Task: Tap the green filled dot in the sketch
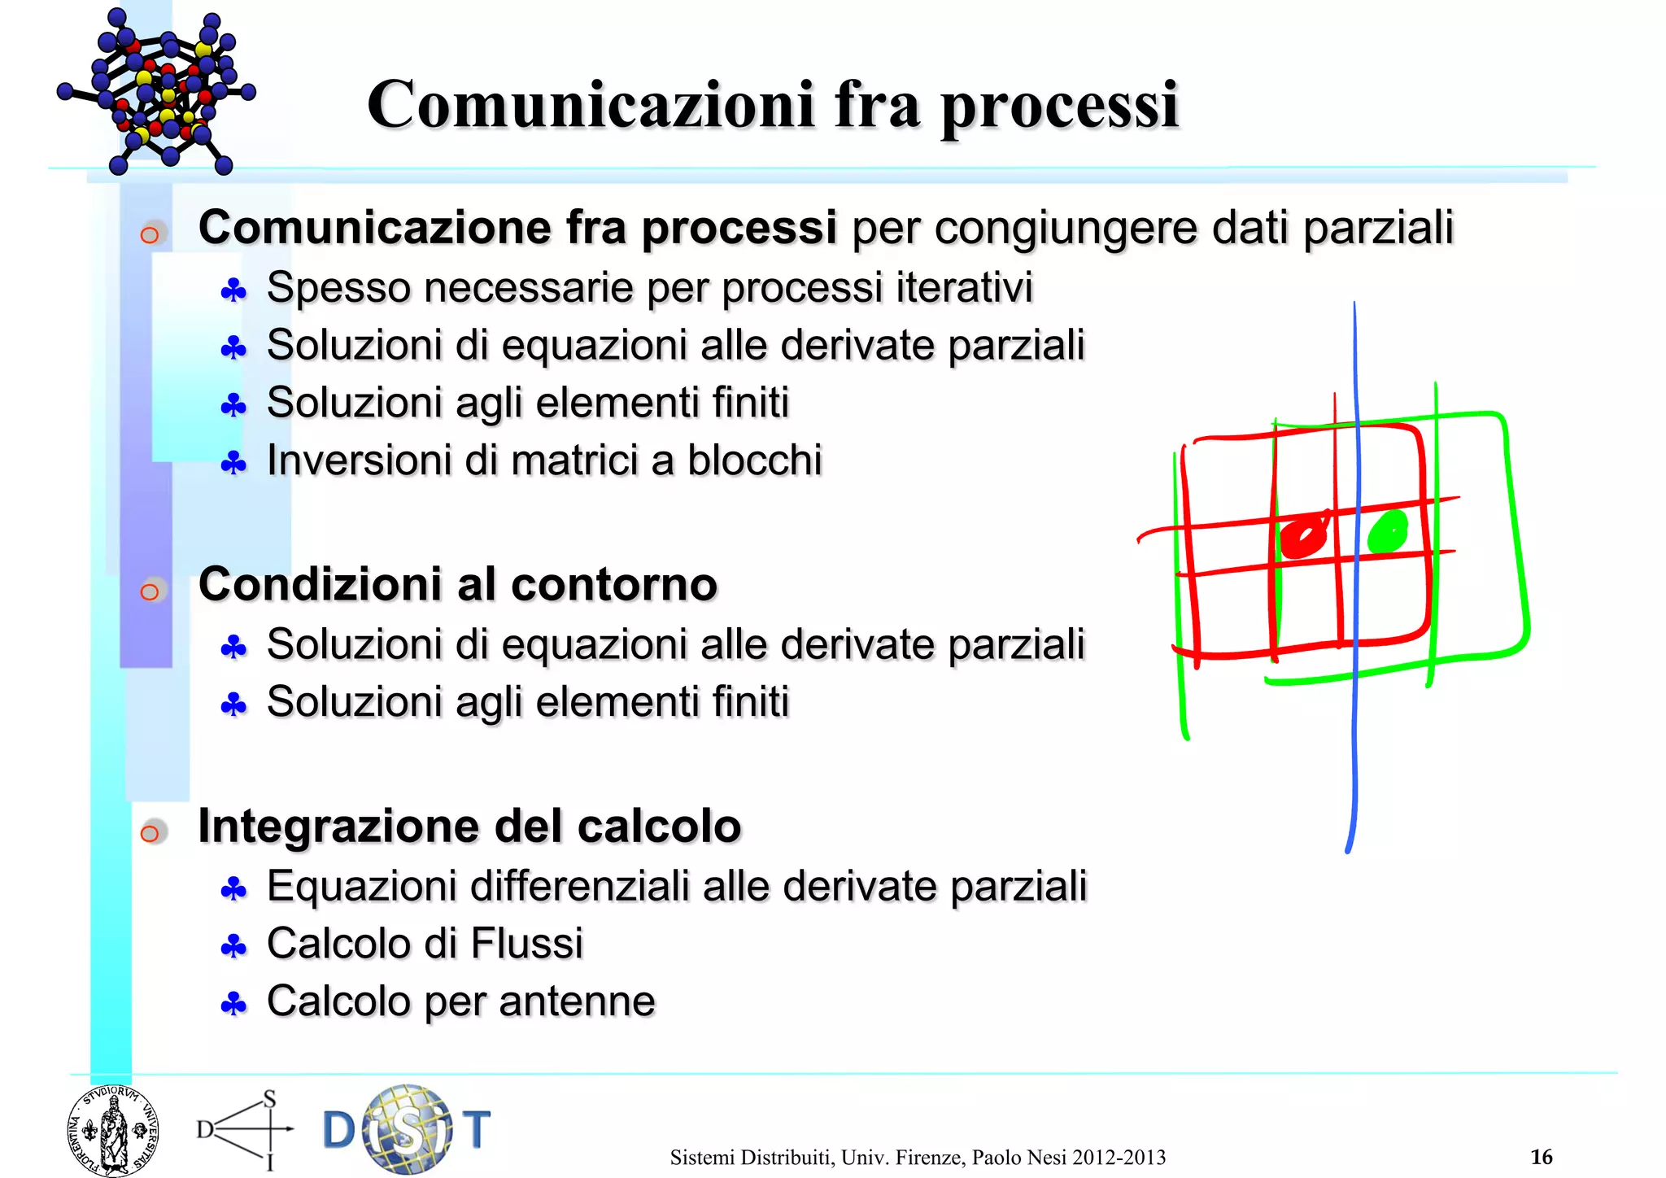(x=1388, y=533)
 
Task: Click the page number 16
(x=1541, y=1156)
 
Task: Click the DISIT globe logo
(x=407, y=1129)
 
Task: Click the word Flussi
(x=526, y=944)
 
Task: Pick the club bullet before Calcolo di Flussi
(x=233, y=946)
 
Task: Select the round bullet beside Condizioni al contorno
(x=150, y=591)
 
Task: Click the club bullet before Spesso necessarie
(x=233, y=290)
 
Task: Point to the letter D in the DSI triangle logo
(x=205, y=1129)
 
